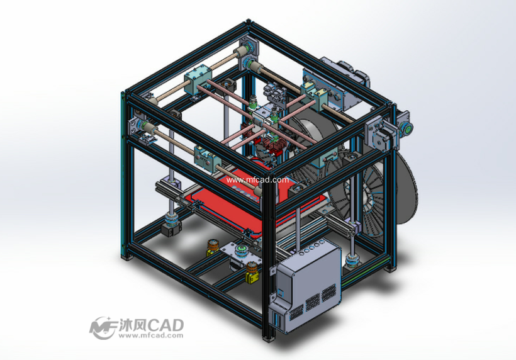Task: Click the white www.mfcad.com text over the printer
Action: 257,180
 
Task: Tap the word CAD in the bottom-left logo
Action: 165,325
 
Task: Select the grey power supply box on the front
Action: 305,284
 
